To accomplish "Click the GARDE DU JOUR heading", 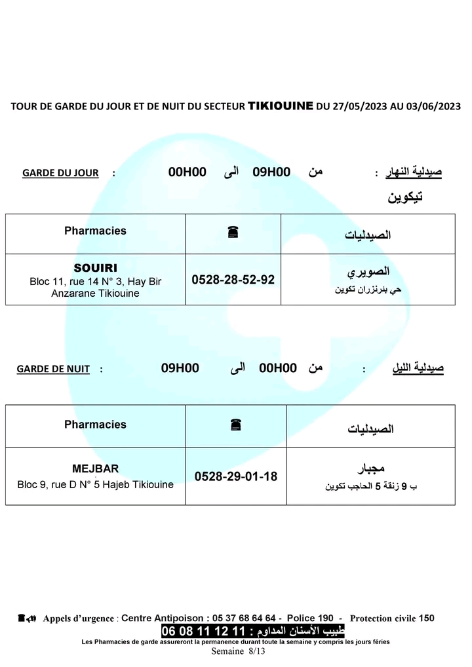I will tap(60, 173).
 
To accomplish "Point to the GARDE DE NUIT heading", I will tap(53, 369).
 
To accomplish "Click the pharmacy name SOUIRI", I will tap(95, 267).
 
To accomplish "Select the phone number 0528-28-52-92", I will tap(233, 280).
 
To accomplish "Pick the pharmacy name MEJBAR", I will tap(95, 468).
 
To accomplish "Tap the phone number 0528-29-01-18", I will tap(236, 476).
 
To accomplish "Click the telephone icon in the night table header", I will tap(235, 425).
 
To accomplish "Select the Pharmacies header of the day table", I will tap(95, 231).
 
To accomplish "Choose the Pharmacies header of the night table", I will tap(95, 425).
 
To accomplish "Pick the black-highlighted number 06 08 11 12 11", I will tap(203, 631).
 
